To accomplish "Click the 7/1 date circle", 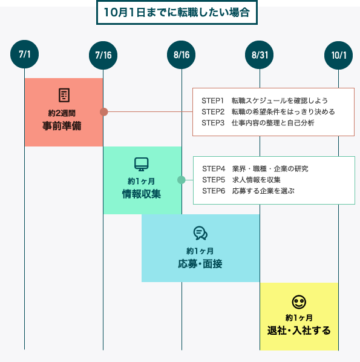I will [25, 54].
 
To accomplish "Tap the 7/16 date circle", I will [103, 55].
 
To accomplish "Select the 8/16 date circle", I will [182, 55].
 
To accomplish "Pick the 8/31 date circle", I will [260, 55].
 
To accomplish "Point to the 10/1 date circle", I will [338, 55].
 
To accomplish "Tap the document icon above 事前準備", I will [64, 95].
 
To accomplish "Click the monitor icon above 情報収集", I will [141, 164].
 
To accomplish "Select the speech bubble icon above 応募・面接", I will [200, 233].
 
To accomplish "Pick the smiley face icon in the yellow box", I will [299, 301].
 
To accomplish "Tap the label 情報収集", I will [141, 194].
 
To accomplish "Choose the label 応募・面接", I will [200, 263].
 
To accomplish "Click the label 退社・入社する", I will [299, 331].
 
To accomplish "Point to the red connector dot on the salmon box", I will [103, 111].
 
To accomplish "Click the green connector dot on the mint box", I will [181, 180].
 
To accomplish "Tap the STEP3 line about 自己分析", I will [258, 123].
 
